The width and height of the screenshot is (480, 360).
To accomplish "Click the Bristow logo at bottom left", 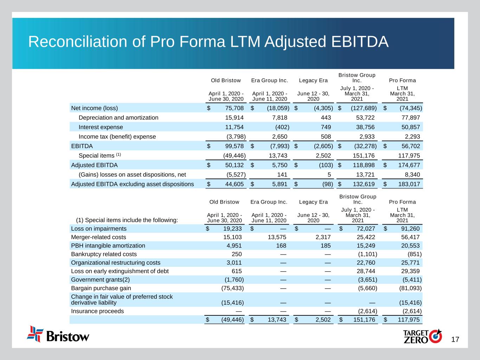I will click(58, 334).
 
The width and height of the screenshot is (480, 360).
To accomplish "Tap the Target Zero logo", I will click(422, 336).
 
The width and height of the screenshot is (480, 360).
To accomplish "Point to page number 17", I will click(455, 340).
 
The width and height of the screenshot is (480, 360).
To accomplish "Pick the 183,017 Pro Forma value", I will click(408, 184).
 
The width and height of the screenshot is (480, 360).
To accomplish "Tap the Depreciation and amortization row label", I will click(119, 117).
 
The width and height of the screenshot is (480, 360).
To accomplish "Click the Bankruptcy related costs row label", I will click(104, 254).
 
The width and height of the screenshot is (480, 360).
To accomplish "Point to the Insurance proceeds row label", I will click(97, 311).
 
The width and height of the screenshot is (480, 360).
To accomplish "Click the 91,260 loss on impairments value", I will click(408, 229).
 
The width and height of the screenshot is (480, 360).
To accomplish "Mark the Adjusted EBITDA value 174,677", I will click(408, 165).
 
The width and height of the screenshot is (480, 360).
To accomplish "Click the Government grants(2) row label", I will click(100, 279).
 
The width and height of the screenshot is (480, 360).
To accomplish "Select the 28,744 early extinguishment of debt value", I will click(364, 271).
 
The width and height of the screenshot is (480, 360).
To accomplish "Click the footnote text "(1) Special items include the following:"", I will click(127, 220).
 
